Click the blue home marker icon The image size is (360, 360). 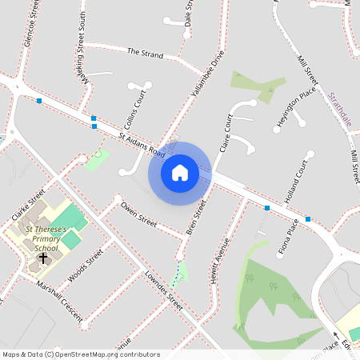(180, 173)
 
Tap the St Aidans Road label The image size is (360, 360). (142, 144)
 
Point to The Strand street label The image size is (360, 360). (145, 54)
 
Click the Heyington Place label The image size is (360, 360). (297, 103)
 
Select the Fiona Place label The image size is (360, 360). (288, 240)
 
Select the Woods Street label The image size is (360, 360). (86, 266)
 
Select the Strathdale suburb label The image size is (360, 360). (340, 108)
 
